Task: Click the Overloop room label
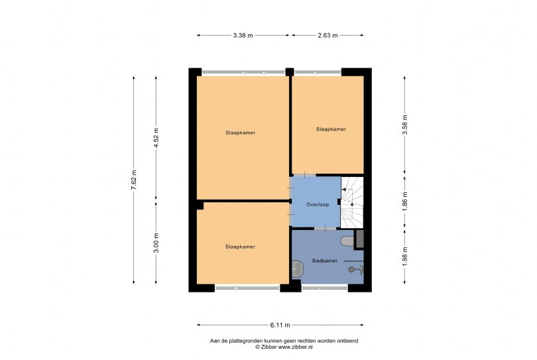click(x=317, y=205)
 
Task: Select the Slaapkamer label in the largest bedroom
click(x=240, y=133)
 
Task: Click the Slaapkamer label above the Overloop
click(x=331, y=129)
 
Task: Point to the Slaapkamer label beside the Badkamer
click(x=240, y=247)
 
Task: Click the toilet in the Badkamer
click(x=347, y=240)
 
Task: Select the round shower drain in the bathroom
click(x=351, y=269)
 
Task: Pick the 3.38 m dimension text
click(x=243, y=35)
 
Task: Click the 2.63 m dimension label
click(x=328, y=35)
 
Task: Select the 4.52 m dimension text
click(x=156, y=138)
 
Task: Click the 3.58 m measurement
click(x=404, y=125)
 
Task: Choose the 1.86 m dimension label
click(x=404, y=199)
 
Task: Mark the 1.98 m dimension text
click(x=404, y=255)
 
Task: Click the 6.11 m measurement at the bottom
click(x=280, y=325)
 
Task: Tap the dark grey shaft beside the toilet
click(x=360, y=239)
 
